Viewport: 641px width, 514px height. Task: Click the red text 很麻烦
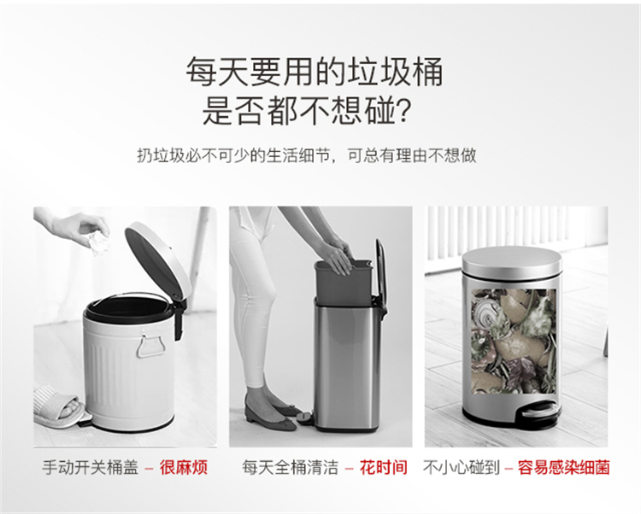coord(184,467)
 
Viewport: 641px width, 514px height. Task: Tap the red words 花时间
coord(384,467)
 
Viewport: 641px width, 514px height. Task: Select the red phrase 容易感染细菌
coord(564,467)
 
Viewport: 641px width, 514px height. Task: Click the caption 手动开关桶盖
coord(90,467)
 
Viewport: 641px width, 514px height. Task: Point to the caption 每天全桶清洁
coord(290,467)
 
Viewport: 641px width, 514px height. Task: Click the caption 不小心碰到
coord(462,467)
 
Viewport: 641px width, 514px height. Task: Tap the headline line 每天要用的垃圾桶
coord(315,72)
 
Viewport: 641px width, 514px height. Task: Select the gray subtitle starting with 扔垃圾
coord(307,155)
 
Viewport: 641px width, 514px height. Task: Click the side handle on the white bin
coord(150,346)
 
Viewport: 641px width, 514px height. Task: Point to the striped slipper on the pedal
coord(59,406)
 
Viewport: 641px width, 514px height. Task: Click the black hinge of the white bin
coord(179,320)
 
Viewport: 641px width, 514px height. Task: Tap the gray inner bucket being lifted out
coord(344,283)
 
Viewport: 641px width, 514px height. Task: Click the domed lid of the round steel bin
coord(512,260)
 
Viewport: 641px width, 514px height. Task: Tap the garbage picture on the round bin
coord(514,342)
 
